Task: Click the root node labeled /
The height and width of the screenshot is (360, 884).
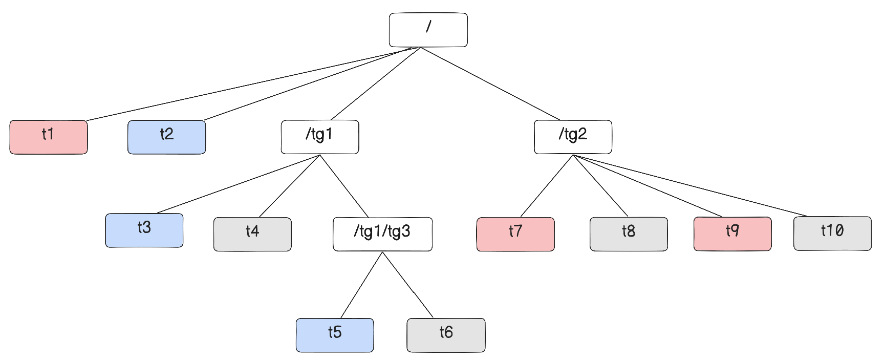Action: (428, 30)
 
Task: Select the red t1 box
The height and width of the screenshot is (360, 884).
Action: (49, 137)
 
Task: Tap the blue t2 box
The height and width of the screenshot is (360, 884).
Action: (166, 137)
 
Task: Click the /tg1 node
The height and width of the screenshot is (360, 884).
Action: (319, 137)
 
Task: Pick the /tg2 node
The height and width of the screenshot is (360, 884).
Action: (573, 137)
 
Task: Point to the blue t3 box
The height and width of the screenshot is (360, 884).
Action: (144, 230)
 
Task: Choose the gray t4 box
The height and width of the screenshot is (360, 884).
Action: (252, 234)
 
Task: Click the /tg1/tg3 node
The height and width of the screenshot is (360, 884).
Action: (382, 234)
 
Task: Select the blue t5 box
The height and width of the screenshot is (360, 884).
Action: (335, 335)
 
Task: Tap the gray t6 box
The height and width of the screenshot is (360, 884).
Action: (446, 335)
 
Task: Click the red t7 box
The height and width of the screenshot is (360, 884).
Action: (515, 234)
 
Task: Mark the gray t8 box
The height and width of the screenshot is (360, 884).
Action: (629, 234)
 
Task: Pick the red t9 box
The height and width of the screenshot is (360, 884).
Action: (732, 234)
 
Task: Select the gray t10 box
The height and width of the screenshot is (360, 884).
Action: (832, 233)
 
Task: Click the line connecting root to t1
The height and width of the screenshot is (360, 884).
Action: (251, 84)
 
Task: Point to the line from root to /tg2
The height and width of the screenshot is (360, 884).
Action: (490, 83)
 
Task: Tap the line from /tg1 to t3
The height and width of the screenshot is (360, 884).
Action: (239, 184)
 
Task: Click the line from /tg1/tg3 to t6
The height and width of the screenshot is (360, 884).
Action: (408, 285)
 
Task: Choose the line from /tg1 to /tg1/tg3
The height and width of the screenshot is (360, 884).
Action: (344, 186)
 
